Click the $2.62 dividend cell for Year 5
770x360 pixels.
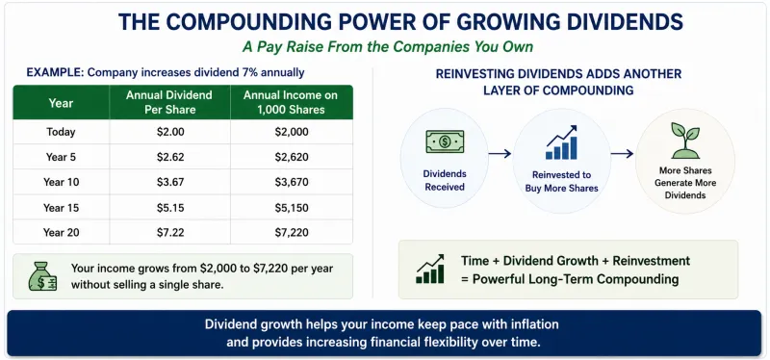170,157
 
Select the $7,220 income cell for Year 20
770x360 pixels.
292,232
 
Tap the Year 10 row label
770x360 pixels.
61,182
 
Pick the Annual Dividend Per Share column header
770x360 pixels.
170,102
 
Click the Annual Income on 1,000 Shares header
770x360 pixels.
292,102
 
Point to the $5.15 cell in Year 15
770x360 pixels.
170,208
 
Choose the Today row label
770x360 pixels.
61,132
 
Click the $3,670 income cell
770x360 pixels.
292,182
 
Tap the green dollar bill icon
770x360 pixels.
445,141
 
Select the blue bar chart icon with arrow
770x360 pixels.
561,142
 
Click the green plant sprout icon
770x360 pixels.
685,141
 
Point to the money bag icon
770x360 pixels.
42,276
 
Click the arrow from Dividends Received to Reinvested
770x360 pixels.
500,154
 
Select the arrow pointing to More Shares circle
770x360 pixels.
622,154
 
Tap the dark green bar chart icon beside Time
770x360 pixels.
430,269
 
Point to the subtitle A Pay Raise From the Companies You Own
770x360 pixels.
388,47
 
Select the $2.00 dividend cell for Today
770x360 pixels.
170,132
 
